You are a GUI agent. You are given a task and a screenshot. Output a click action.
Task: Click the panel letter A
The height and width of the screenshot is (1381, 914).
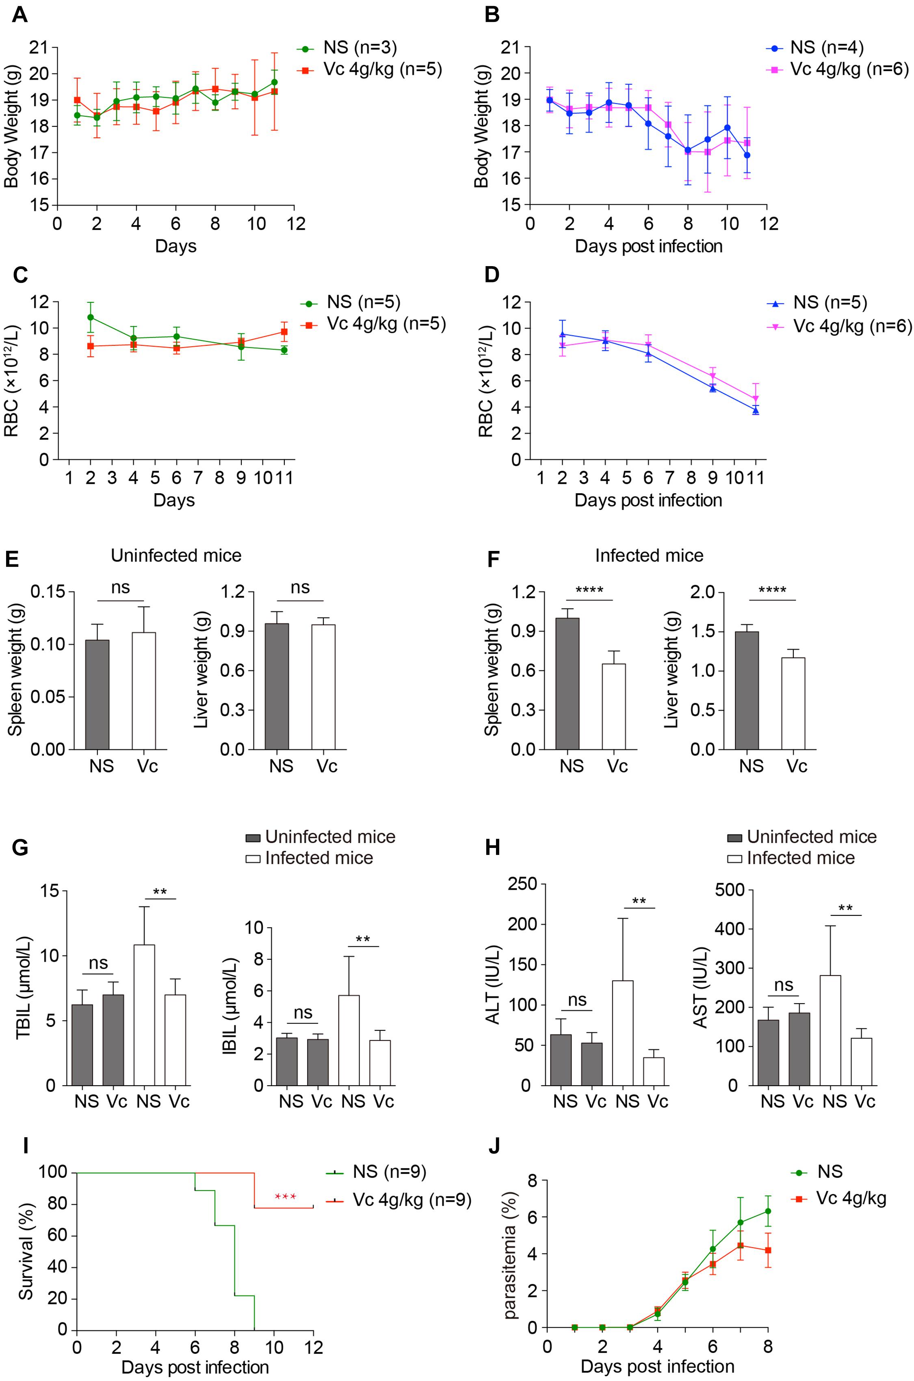click(x=19, y=14)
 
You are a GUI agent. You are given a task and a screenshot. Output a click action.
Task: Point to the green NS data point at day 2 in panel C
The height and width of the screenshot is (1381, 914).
click(x=90, y=317)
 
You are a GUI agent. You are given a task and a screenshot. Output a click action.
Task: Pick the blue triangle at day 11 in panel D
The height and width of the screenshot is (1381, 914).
click(x=756, y=410)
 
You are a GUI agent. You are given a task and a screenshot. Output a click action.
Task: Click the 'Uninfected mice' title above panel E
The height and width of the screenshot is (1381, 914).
click(x=176, y=555)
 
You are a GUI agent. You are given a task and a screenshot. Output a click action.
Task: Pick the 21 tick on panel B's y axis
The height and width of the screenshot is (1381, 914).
click(x=515, y=47)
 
